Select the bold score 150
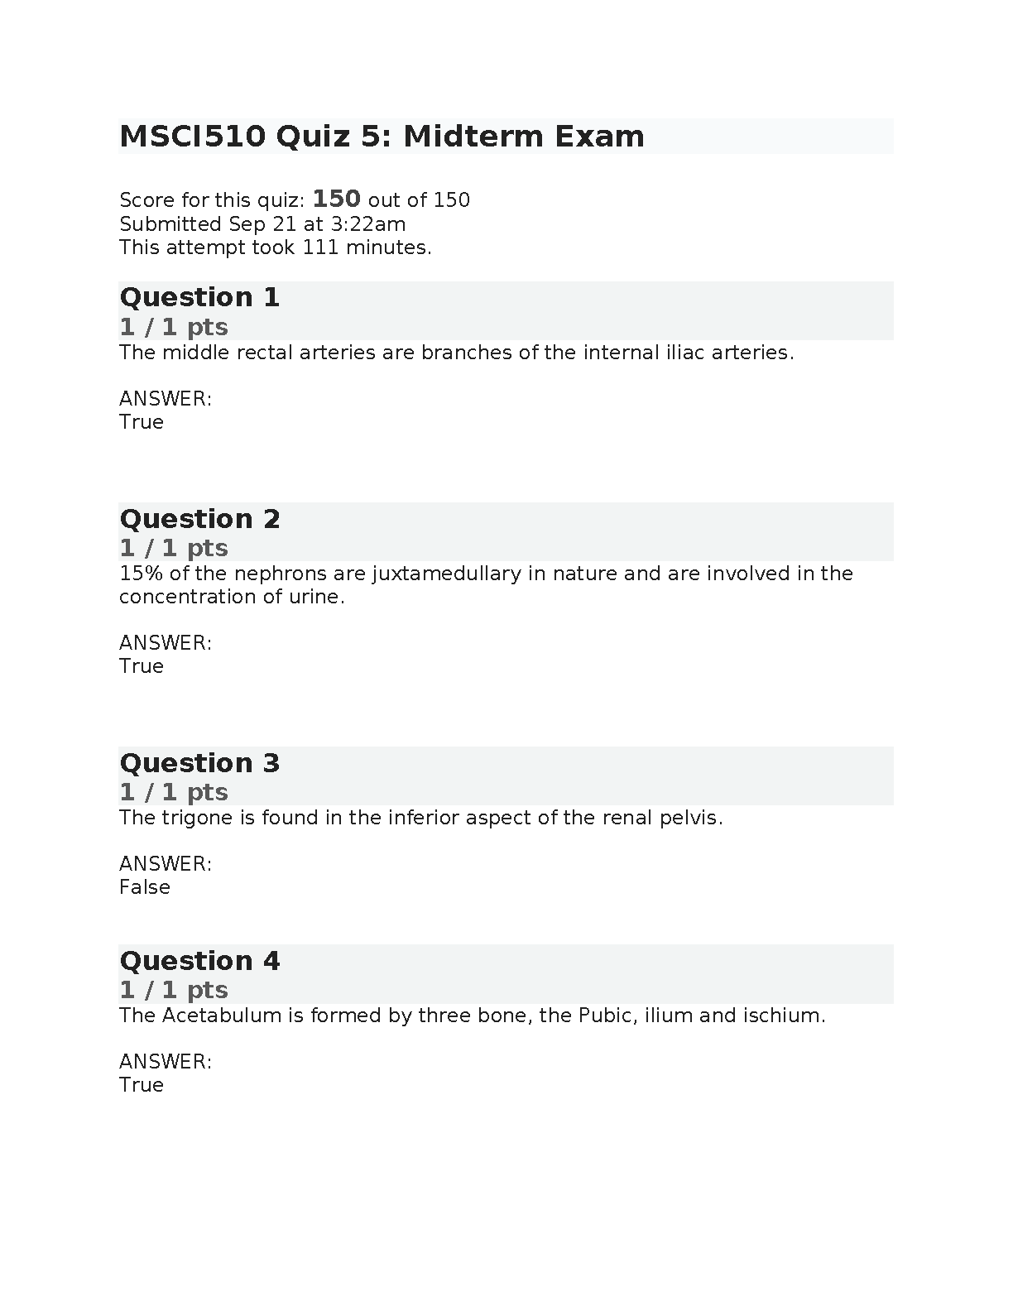[x=336, y=199]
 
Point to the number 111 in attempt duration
[x=320, y=247]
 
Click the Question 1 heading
[x=199, y=297]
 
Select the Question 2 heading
[x=199, y=519]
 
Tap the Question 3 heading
[x=199, y=763]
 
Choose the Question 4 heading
[x=199, y=961]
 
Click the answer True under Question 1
[x=142, y=422]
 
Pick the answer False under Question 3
[x=145, y=887]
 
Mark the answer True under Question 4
[x=142, y=1085]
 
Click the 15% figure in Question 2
[x=137, y=574]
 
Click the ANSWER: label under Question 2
[x=166, y=643]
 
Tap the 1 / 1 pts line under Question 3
[x=173, y=792]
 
